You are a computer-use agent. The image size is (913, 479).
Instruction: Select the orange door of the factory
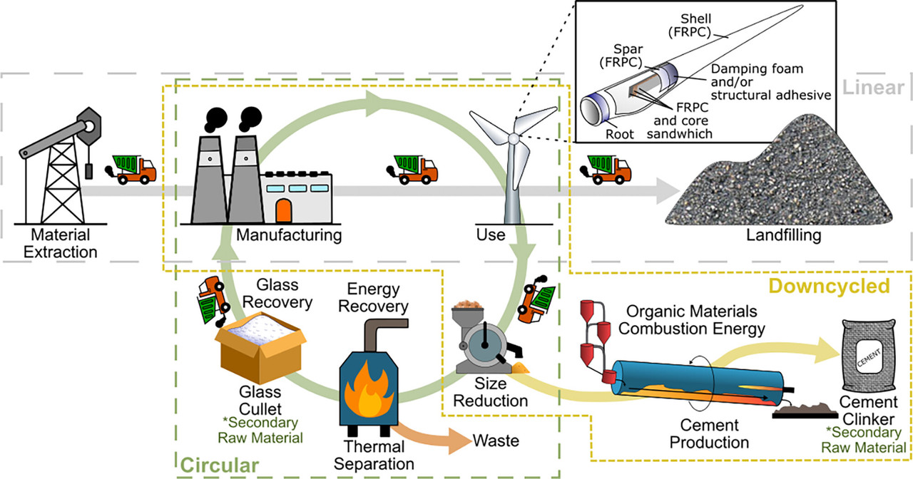284,211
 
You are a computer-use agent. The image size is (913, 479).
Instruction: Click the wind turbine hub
512,138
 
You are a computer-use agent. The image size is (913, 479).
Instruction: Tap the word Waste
495,441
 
